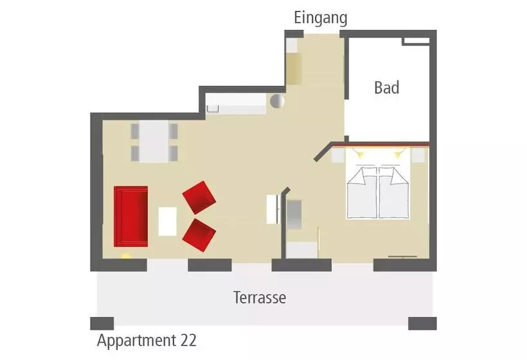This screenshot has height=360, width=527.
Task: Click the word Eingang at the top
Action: (321, 18)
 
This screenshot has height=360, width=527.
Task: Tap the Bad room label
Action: (387, 87)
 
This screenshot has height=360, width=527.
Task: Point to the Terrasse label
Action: (260, 298)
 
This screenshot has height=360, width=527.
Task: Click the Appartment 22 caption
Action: (147, 341)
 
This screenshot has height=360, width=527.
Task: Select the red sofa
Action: (130, 217)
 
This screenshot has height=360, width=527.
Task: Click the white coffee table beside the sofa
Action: (167, 222)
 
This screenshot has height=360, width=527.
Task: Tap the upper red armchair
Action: (199, 197)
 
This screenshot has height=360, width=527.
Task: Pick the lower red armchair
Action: (199, 235)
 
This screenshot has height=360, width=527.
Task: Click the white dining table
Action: (154, 141)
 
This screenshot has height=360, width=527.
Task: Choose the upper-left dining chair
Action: (135, 131)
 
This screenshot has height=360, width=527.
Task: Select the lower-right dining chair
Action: (174, 153)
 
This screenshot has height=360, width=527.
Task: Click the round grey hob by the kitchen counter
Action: (277, 101)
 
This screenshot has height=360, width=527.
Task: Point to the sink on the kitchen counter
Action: (213, 109)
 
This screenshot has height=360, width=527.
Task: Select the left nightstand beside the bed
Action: (339, 156)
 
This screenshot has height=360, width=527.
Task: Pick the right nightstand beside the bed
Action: (418, 156)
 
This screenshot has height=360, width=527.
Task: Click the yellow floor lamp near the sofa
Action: (126, 256)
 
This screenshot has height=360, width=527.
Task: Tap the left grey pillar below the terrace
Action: (102, 323)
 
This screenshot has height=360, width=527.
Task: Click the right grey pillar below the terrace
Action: (422, 323)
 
